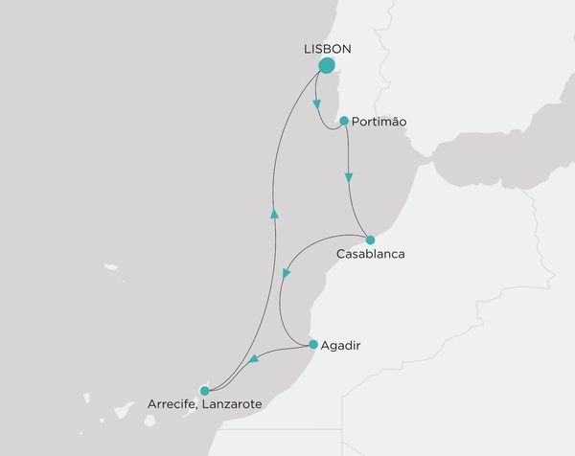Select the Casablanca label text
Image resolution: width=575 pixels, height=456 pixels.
coord(371,255)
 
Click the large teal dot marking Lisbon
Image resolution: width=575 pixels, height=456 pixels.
coord(327,66)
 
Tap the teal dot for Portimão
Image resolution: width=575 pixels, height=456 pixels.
coord(344,121)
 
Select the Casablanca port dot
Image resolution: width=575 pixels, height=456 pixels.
coord(370,239)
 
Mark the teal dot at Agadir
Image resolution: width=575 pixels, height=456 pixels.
coord(313,344)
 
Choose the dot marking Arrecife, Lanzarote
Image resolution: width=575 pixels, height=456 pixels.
coord(204,390)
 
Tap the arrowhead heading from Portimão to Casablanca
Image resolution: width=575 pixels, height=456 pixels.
coord(349,177)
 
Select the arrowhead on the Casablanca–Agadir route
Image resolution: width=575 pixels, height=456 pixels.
coord(286,275)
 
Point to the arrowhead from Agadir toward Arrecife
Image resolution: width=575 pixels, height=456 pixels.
coord(253,360)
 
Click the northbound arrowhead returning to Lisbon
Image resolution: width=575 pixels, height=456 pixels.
coord(274,215)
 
